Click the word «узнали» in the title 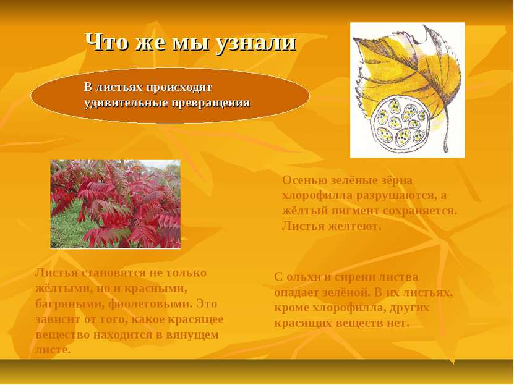coord(256,43)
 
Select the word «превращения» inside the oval coord(211,103)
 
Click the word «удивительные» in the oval coord(127,103)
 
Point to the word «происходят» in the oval coord(179,88)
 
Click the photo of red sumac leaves coord(116,204)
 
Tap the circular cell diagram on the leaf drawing coord(400,124)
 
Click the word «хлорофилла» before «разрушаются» coord(317,195)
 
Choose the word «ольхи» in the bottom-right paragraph coord(304,277)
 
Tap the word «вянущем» coord(192,335)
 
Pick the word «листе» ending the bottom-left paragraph coord(53,350)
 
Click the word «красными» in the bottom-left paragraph coord(159,289)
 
